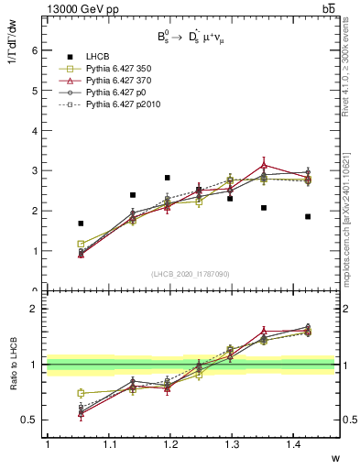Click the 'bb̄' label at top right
click(326, 8)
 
